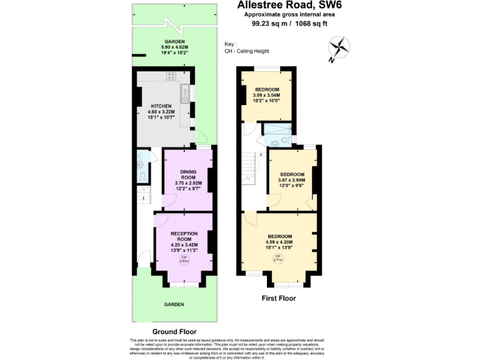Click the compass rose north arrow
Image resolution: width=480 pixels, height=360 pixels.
pyautogui.click(x=339, y=48)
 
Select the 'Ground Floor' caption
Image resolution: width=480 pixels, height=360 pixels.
pyautogui.click(x=174, y=331)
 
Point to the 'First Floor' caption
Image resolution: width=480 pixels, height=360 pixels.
pyautogui.click(x=278, y=298)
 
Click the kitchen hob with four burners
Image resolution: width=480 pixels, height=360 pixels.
pyautogui.click(x=171, y=76)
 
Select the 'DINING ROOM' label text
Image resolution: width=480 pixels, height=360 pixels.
pyautogui.click(x=188, y=174)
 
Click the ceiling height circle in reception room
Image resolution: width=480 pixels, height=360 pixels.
pyautogui.click(x=184, y=259)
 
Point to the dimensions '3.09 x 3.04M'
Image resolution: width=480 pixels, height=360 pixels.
pyautogui.click(x=266, y=95)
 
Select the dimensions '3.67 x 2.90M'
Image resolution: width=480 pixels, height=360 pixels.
pyautogui.click(x=291, y=180)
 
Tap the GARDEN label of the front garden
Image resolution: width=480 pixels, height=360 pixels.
pyautogui.click(x=174, y=304)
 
